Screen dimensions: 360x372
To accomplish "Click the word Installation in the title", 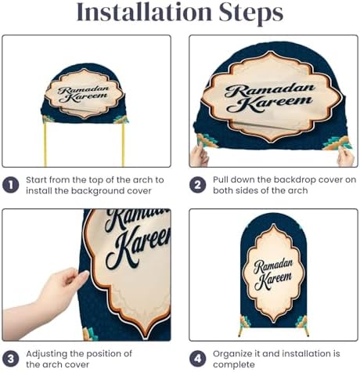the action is point(144,12).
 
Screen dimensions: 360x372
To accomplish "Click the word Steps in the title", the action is point(251,13).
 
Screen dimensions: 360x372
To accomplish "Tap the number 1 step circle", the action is point(11,185).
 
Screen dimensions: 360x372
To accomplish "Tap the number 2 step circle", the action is point(197,185).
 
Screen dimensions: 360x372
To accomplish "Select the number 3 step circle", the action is point(11,359).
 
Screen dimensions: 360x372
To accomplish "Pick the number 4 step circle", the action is point(197,359).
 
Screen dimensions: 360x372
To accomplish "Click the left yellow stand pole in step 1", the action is point(45,144).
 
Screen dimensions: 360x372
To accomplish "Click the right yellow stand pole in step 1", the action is point(123,144).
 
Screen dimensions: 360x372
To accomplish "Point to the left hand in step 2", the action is point(199,155).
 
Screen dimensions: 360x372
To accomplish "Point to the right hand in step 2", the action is point(346,157).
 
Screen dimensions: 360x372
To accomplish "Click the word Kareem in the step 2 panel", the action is point(269,104).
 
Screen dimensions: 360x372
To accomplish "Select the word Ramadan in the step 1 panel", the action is point(83,90).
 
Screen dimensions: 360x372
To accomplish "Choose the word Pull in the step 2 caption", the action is point(221,179).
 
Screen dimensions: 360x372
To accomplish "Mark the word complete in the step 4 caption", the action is point(234,365).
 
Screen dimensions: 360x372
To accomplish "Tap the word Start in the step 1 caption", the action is point(36,180).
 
